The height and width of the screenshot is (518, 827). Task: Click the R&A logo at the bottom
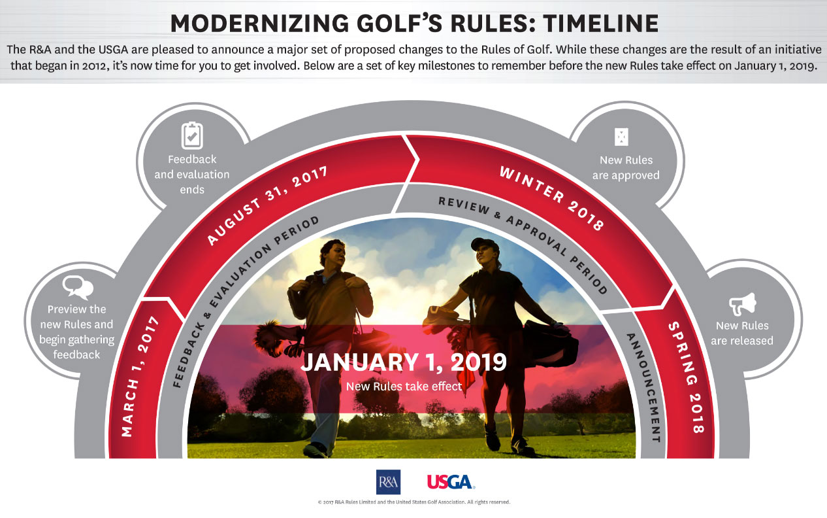click(388, 482)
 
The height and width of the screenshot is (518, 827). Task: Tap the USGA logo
click(451, 482)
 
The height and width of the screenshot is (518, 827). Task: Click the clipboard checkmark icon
click(192, 135)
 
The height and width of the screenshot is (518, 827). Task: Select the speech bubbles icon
click(78, 287)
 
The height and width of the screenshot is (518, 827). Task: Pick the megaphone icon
click(743, 304)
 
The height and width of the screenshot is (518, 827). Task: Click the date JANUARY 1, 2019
click(404, 362)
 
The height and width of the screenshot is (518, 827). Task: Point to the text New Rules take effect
click(404, 387)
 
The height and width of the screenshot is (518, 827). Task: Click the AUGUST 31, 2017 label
click(267, 205)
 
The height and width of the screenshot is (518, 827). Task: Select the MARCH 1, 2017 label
click(140, 376)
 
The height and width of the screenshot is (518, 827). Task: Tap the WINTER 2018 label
click(552, 198)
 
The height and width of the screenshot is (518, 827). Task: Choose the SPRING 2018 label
click(687, 377)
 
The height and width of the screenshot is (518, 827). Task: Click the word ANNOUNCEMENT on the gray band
click(644, 387)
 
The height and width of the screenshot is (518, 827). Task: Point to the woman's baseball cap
click(485, 244)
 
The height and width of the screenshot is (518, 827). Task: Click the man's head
click(332, 253)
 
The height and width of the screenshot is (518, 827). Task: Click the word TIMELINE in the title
click(601, 24)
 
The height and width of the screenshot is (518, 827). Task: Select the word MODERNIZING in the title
click(259, 24)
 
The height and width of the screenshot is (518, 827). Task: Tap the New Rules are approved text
click(626, 167)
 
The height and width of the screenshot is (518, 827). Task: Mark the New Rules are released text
click(742, 333)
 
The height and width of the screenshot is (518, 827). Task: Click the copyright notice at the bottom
click(414, 502)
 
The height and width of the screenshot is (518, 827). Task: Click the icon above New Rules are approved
click(621, 137)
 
